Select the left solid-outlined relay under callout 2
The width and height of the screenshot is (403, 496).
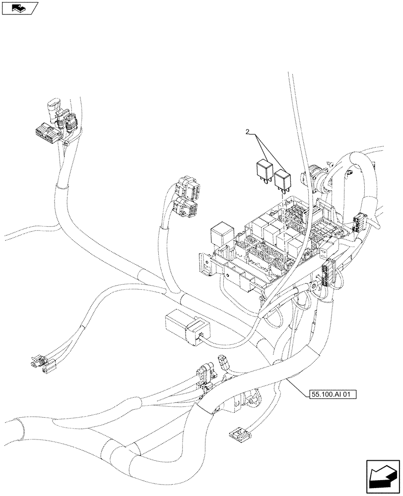click(264, 170)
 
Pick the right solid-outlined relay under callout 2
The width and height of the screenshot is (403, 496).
click(282, 179)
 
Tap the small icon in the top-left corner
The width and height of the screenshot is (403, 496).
click(20, 8)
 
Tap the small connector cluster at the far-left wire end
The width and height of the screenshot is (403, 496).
click(41, 364)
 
